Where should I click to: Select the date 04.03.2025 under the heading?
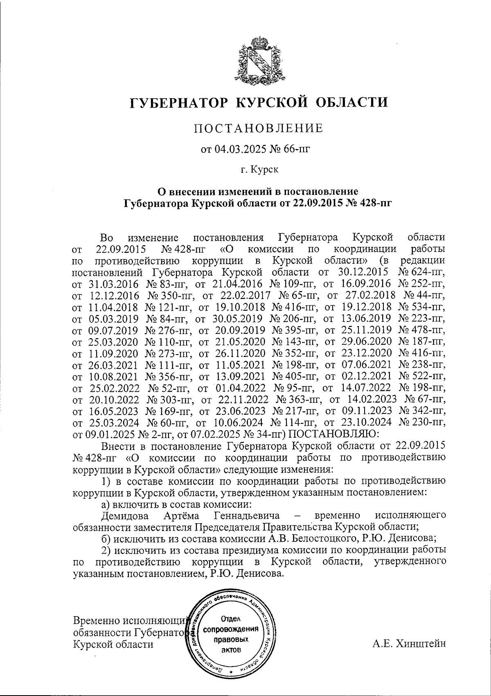pos(239,149)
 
